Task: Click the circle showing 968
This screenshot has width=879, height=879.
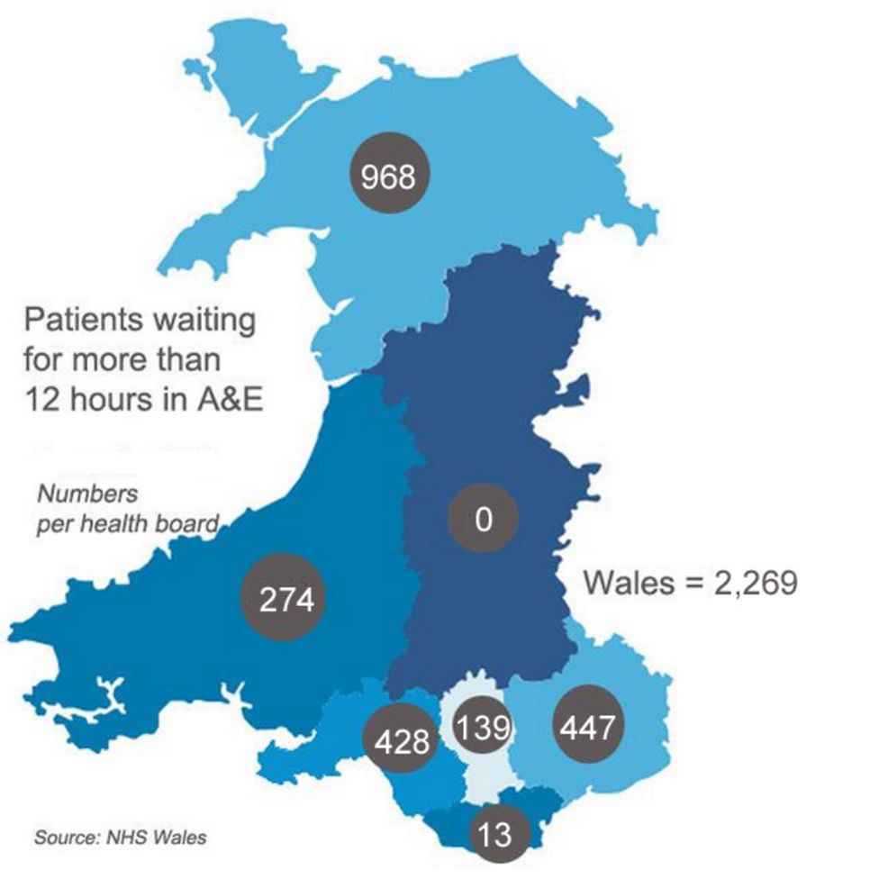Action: (388, 177)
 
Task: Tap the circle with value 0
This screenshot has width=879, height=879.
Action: (484, 520)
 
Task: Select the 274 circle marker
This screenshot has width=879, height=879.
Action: (286, 599)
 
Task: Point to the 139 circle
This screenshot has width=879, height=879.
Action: (482, 727)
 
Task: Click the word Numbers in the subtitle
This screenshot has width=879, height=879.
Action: (87, 494)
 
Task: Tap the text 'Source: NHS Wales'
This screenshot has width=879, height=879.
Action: (120, 838)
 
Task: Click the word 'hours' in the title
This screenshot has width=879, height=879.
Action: (113, 399)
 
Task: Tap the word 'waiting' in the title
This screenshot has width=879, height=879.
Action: (203, 320)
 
